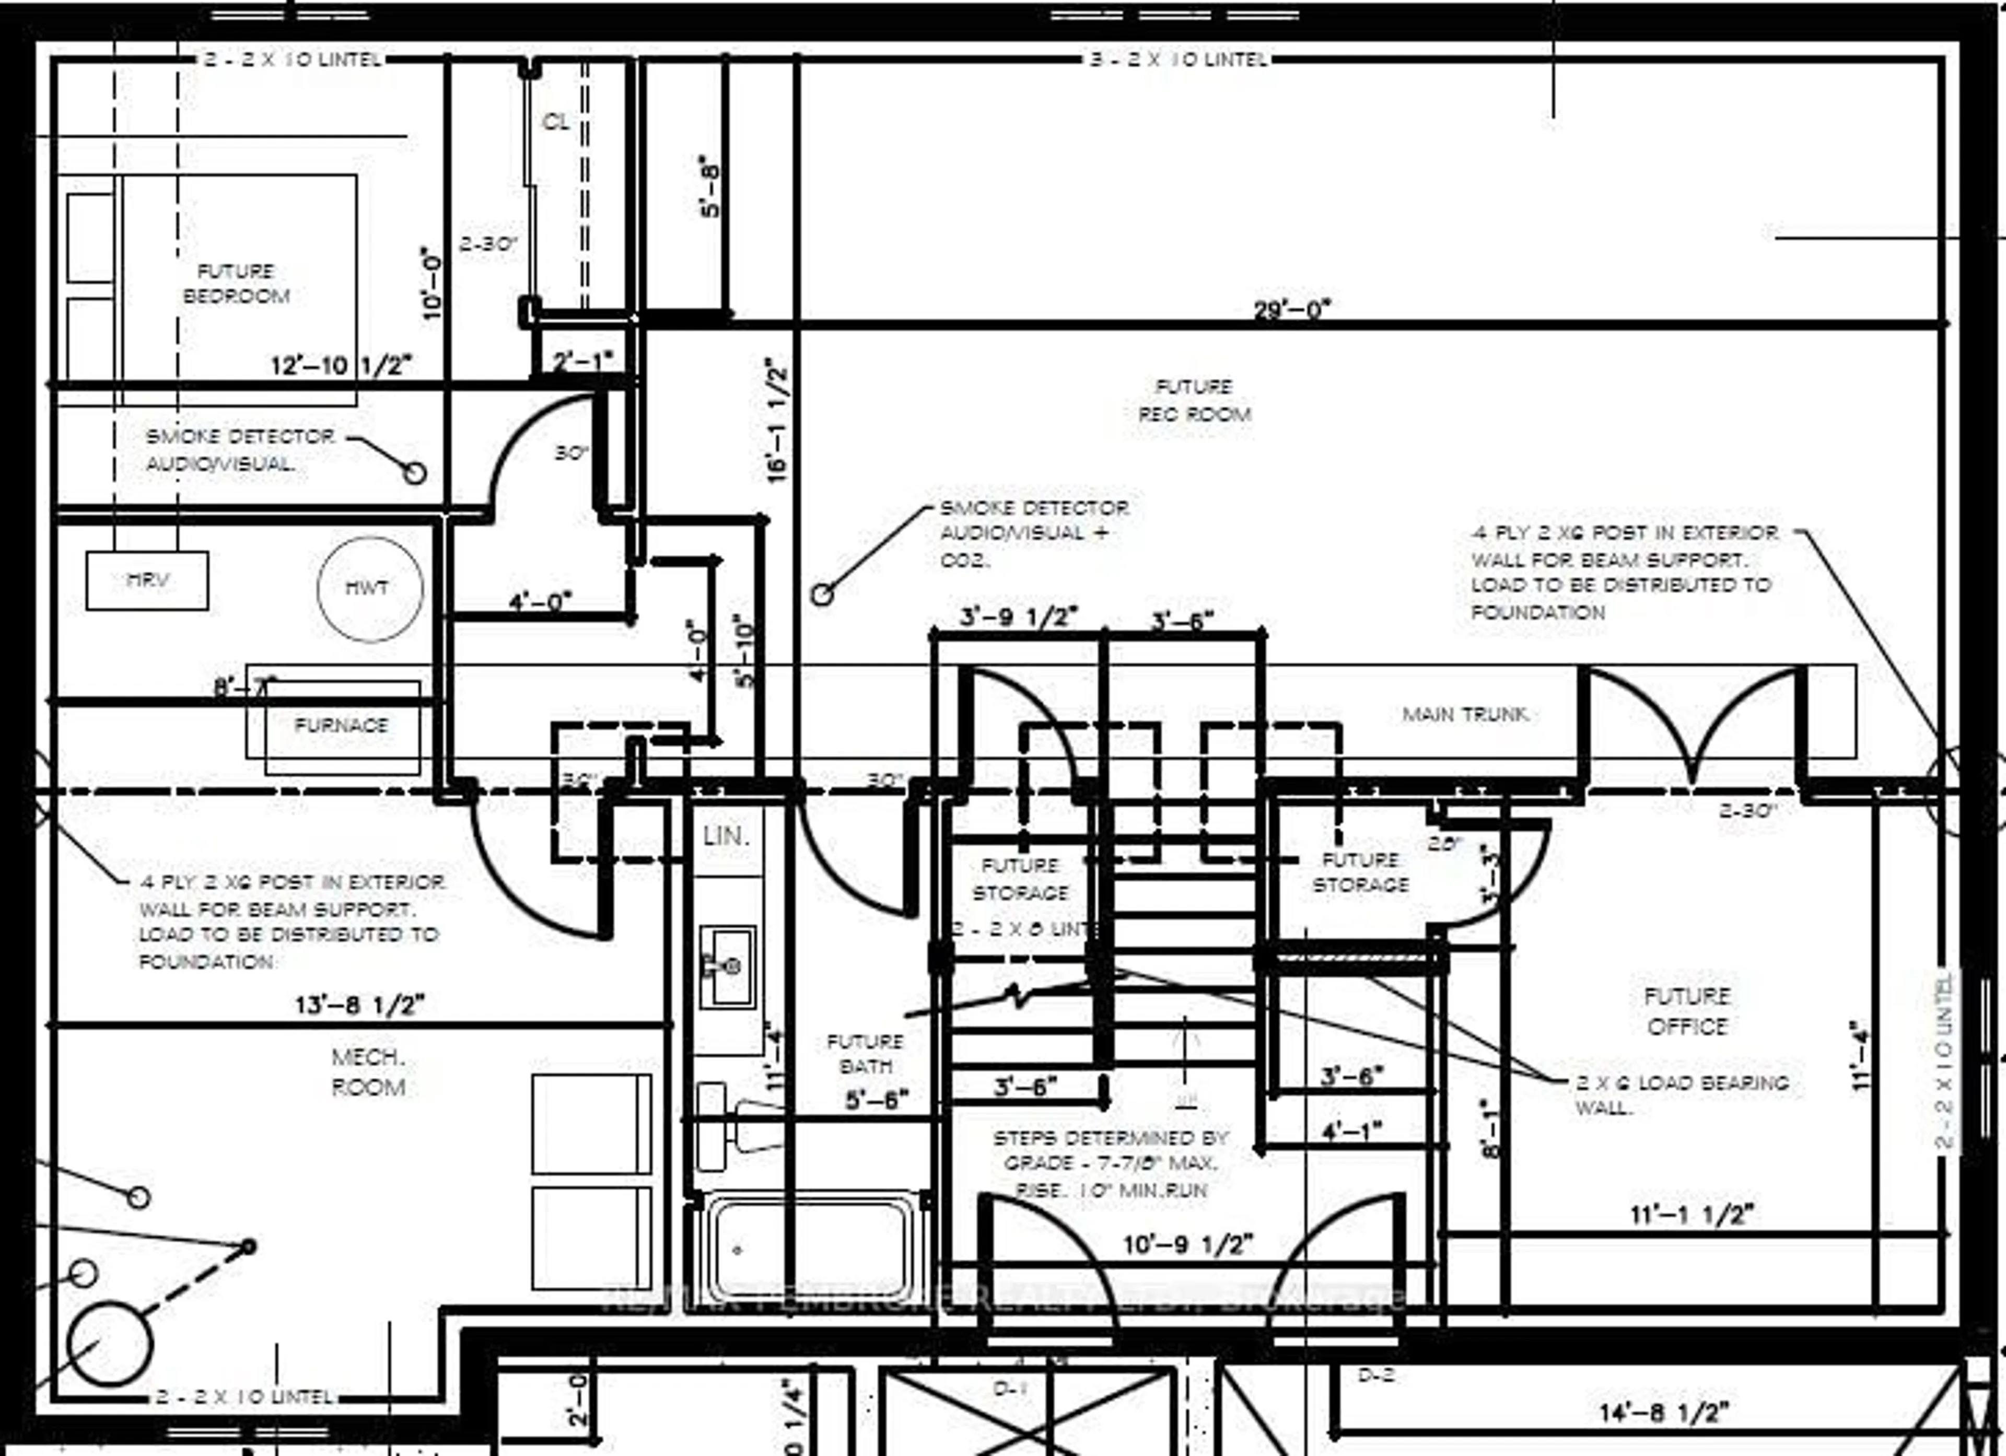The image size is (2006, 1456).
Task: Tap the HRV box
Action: click(x=148, y=580)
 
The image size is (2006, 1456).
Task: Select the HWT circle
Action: click(x=370, y=588)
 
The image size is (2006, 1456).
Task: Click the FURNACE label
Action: click(x=342, y=725)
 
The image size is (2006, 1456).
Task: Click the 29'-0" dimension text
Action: click(x=1291, y=310)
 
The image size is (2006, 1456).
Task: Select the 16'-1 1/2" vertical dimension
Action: click(x=776, y=420)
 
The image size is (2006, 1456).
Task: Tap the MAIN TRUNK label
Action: click(x=1466, y=714)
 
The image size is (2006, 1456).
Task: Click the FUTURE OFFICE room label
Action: click(x=1687, y=1011)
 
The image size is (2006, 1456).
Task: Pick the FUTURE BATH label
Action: click(x=865, y=1054)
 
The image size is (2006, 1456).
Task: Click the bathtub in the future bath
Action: click(x=809, y=1249)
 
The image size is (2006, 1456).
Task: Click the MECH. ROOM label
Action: click(x=368, y=1071)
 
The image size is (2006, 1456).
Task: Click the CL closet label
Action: click(x=555, y=121)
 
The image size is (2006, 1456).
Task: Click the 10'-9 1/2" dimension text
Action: click(x=1188, y=1244)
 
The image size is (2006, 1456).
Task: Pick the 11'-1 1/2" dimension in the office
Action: click(x=1691, y=1215)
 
